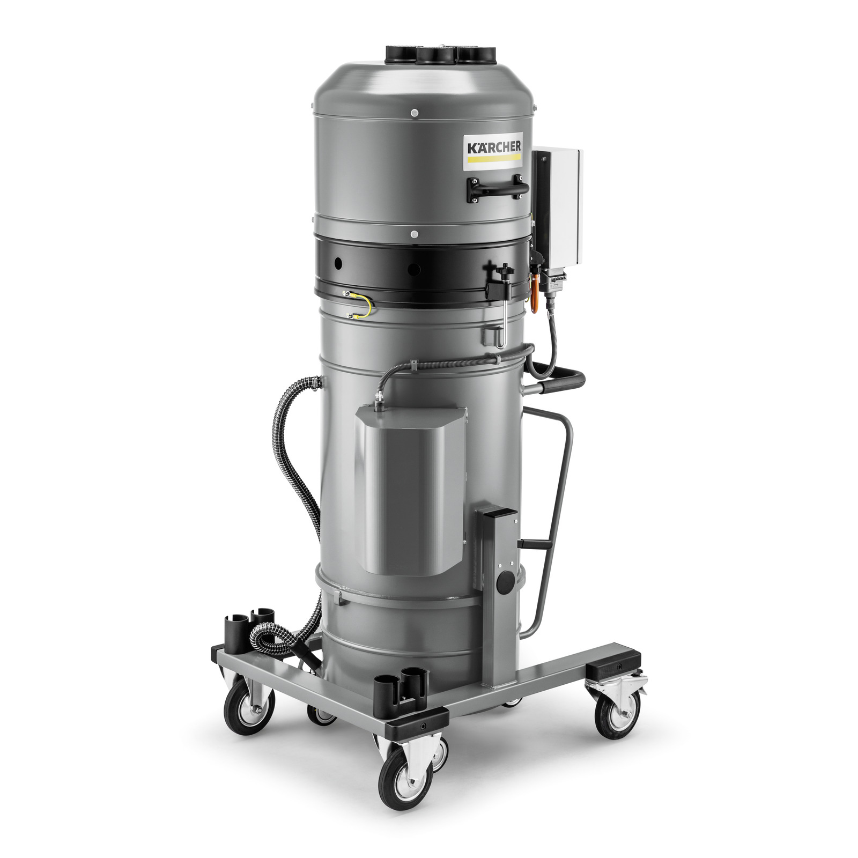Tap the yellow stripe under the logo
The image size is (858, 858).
coord(493,159)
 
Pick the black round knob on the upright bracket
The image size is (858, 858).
coord(504,584)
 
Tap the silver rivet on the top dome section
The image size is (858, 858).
coord(415,113)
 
